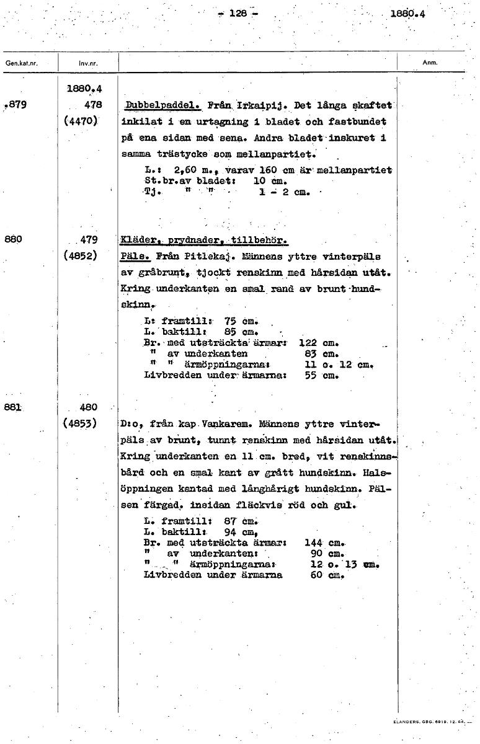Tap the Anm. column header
click(x=430, y=62)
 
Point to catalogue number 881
click(x=14, y=407)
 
